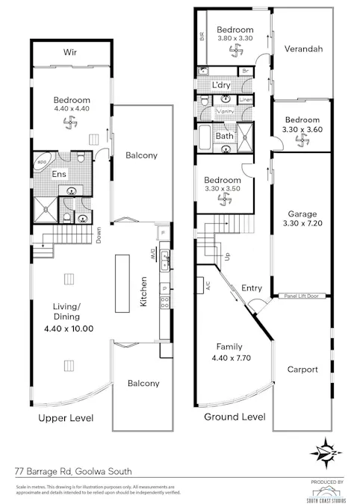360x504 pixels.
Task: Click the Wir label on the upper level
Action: tap(71, 52)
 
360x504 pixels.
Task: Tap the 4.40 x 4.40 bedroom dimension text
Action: tap(72, 110)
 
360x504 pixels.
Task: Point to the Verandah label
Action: tap(303, 49)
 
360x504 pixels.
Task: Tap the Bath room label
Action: tap(225, 136)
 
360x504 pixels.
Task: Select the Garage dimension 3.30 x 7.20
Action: tap(300, 223)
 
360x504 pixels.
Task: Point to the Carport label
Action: tap(302, 369)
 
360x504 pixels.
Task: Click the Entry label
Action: tap(252, 287)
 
